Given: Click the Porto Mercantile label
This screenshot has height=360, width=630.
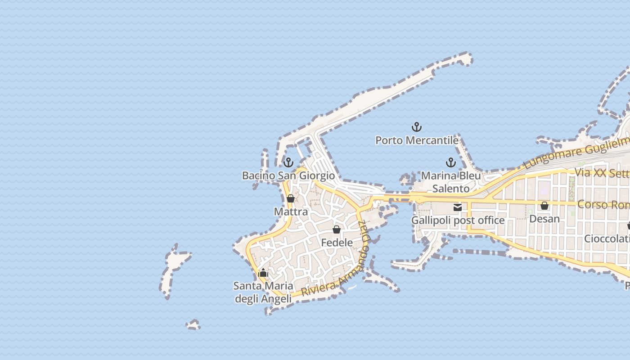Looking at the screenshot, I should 417,140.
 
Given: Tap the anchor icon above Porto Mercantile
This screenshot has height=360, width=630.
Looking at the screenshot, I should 417,127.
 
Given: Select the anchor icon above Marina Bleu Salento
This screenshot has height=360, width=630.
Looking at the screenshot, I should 451,162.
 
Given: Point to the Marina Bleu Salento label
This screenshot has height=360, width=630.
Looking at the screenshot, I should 451,182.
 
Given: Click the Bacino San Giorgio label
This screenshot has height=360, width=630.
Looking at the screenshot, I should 288,175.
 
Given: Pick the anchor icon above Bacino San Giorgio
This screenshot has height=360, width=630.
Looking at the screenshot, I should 288,162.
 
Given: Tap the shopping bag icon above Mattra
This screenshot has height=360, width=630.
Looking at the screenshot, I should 291,198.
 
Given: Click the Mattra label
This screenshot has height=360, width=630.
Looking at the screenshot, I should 291,211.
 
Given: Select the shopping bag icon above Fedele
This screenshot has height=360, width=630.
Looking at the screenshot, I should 336,229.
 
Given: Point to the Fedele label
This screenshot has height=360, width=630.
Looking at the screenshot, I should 337,243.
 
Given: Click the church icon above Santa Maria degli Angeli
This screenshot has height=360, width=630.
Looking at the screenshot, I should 263,273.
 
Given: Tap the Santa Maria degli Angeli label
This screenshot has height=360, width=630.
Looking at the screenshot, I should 263,292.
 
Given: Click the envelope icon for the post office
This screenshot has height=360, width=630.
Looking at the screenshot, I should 458,207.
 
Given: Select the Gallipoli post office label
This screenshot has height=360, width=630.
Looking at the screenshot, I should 458,220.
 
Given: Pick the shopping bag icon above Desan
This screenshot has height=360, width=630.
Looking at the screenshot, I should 544,206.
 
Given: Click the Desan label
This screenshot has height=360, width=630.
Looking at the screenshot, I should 544,219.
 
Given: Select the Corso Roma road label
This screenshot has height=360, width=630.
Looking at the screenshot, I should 603,204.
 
